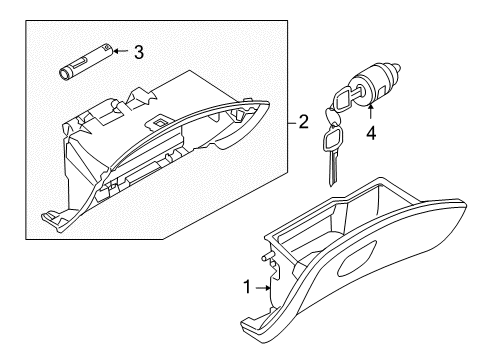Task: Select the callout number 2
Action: click(302, 123)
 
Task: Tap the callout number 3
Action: click(139, 50)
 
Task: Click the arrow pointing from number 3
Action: click(118, 50)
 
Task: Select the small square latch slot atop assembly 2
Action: click(160, 123)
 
